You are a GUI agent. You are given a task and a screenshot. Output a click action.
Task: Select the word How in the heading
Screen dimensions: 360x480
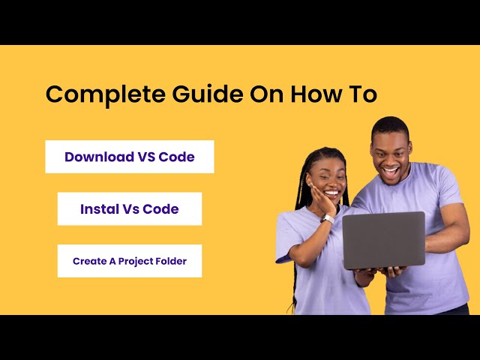tap(316, 94)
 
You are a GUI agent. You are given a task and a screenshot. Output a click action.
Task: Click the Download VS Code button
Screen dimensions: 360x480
tap(130, 157)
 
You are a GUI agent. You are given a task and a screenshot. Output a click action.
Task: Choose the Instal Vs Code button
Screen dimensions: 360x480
tap(130, 208)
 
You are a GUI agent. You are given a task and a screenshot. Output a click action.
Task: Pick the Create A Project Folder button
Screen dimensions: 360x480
tap(130, 261)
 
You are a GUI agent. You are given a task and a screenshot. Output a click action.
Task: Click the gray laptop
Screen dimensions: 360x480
tap(383, 239)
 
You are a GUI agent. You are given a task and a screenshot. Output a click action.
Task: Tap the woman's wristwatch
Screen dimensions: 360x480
tap(328, 218)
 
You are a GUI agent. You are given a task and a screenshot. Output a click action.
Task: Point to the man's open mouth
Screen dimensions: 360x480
tap(390, 170)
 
